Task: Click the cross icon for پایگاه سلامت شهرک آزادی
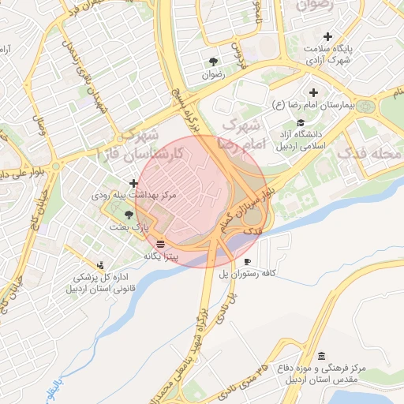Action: click(x=328, y=36)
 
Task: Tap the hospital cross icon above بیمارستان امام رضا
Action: click(x=314, y=92)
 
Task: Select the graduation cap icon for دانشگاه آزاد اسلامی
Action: click(x=300, y=122)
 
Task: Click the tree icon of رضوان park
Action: click(x=213, y=62)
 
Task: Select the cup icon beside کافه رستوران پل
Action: click(x=248, y=261)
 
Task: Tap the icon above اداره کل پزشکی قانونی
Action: click(x=99, y=266)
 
